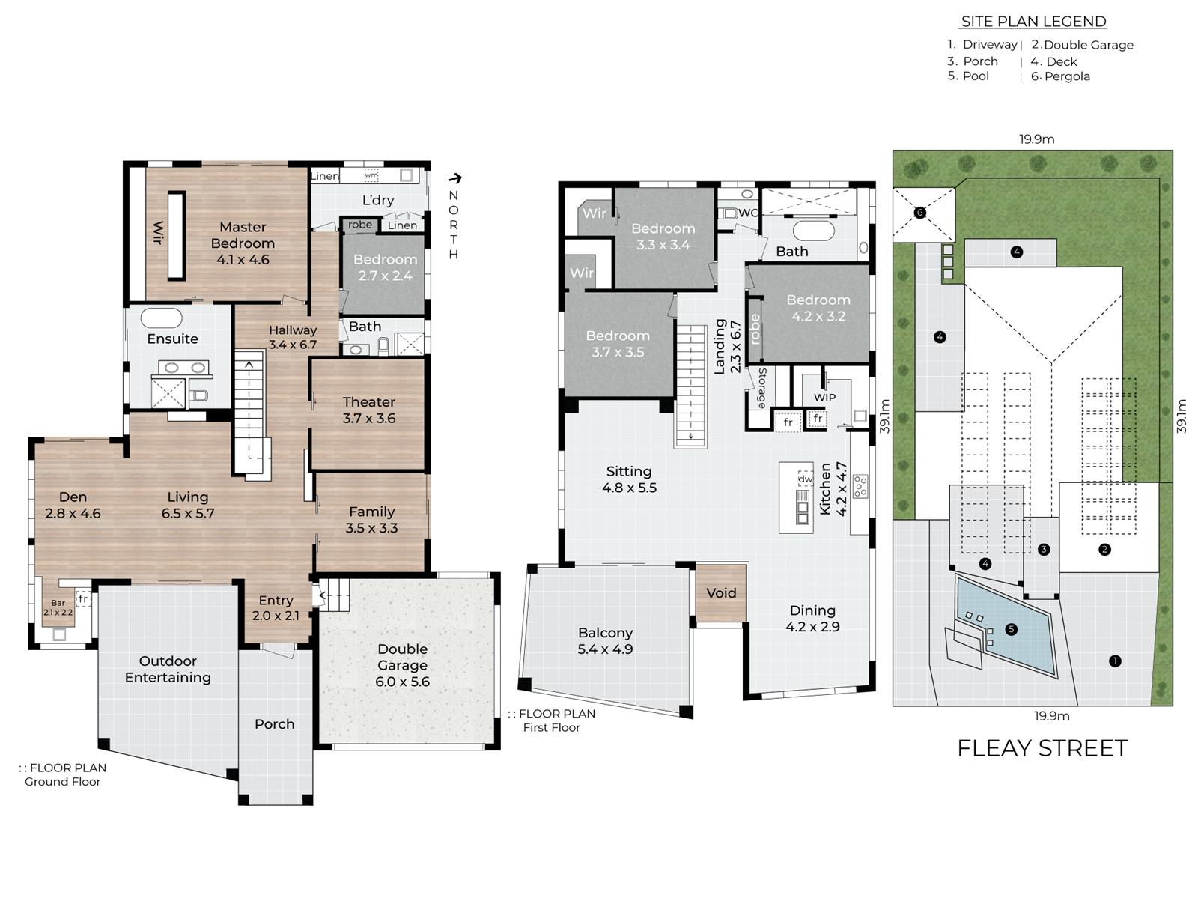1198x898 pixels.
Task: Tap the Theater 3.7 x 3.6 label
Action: [x=369, y=410]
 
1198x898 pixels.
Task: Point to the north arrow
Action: [x=455, y=178]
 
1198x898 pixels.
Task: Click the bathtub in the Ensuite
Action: [x=161, y=318]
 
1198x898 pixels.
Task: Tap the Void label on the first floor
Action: [x=721, y=593]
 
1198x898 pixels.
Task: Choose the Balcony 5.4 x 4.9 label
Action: [x=605, y=641]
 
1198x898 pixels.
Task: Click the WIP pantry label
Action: [x=824, y=398]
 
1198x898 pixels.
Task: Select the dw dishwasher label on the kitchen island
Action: [x=806, y=479]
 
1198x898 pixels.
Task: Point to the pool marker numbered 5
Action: [x=1011, y=629]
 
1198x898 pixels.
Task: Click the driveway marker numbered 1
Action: [x=1115, y=661]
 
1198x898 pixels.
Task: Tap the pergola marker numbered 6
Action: [x=920, y=213]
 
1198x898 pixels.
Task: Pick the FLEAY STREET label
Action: [x=1042, y=748]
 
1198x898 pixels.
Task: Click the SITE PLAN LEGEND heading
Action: [x=1034, y=21]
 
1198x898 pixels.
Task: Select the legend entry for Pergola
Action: [x=1060, y=76]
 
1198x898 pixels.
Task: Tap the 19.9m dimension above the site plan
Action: [x=1036, y=139]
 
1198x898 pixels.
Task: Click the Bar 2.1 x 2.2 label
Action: [x=58, y=607]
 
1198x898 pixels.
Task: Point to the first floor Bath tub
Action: [x=813, y=231]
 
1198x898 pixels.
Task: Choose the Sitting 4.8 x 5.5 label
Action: [x=629, y=479]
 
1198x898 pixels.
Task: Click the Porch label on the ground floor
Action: [x=275, y=723]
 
